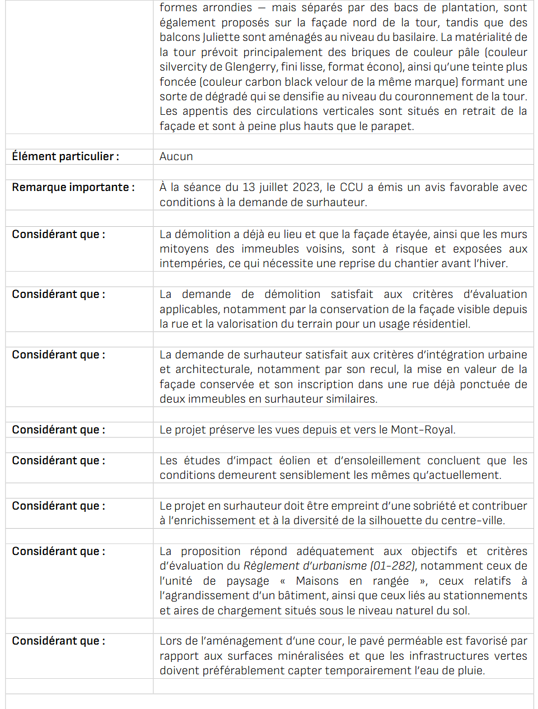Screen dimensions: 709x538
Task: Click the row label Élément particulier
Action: click(x=65, y=156)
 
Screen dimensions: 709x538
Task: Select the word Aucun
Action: click(x=176, y=156)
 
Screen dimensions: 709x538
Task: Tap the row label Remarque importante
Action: click(x=73, y=187)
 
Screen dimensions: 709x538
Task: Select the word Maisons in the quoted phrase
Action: click(x=317, y=581)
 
